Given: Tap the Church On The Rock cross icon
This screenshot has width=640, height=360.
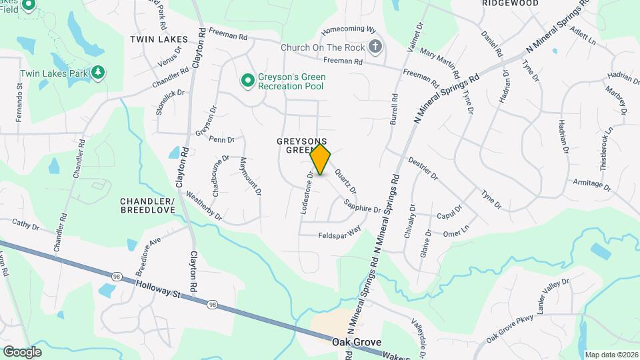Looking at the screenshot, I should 376,47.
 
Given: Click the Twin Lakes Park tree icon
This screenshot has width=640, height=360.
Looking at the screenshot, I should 98,71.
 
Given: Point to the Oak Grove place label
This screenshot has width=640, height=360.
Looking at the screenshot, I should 351,341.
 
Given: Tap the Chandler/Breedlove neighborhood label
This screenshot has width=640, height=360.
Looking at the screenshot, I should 147,205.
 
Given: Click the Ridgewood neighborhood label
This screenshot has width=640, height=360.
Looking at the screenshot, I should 510,3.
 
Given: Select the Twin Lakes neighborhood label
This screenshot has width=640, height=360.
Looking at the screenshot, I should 159,39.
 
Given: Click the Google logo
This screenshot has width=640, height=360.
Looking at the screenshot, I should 22,351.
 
